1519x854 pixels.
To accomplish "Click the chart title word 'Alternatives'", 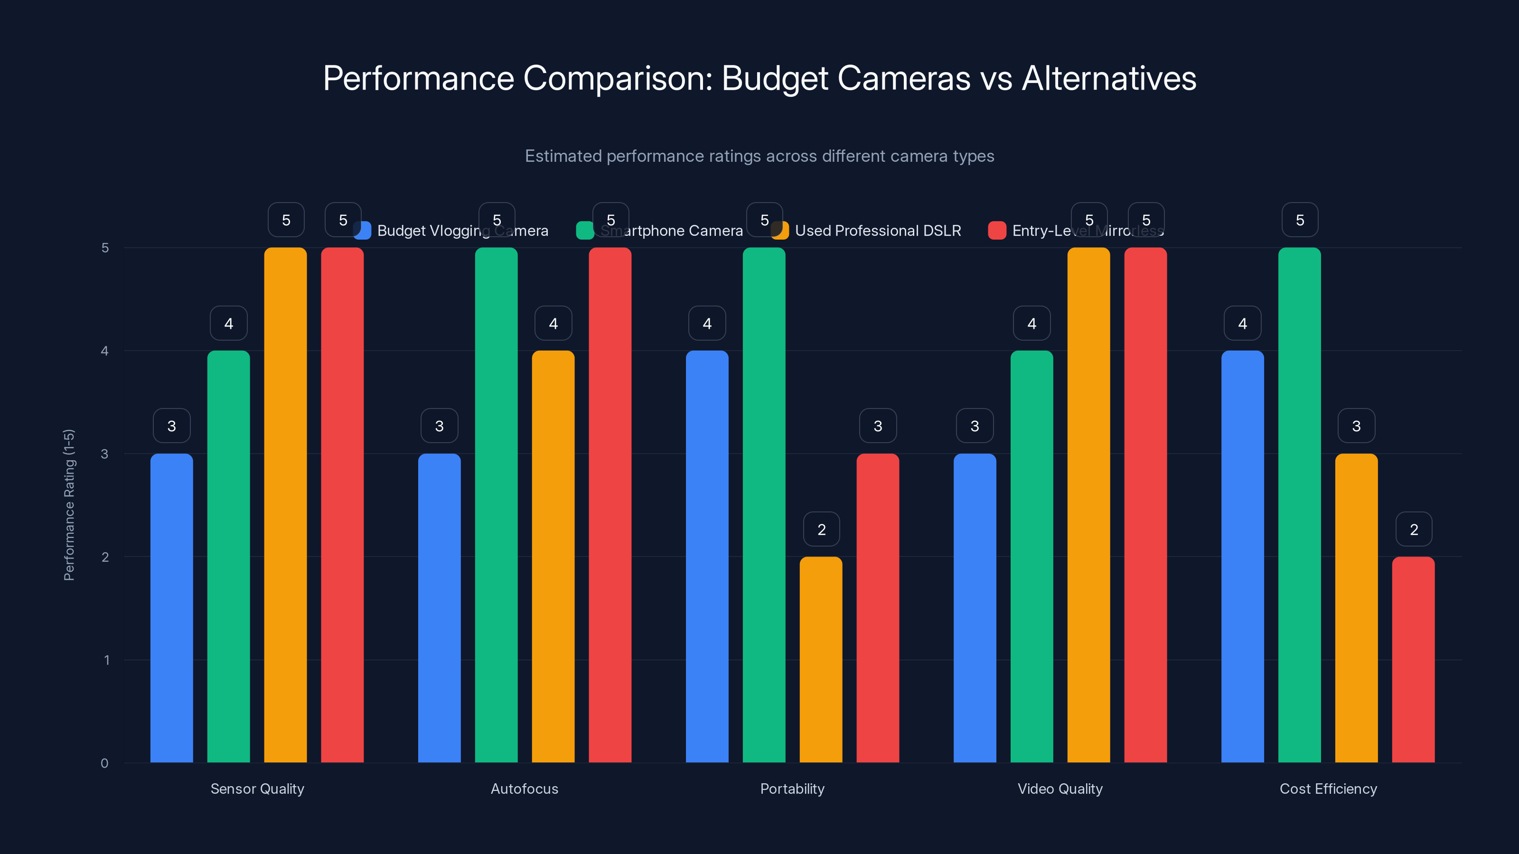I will [x=1108, y=78].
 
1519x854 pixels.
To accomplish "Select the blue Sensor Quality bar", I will [x=171, y=607].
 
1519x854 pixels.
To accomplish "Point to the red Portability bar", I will [x=877, y=607].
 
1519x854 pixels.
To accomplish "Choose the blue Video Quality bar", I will [x=975, y=607].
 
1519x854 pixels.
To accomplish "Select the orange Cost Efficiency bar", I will [x=1356, y=607].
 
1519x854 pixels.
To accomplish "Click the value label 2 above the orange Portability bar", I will [x=821, y=529].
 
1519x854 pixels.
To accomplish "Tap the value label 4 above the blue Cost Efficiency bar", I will [x=1242, y=323].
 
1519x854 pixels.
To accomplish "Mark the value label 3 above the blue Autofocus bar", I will [x=439, y=426].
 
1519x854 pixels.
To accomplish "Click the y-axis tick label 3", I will [x=104, y=454].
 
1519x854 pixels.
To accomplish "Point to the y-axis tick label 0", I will [x=104, y=763].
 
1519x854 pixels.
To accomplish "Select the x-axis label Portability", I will [x=792, y=789].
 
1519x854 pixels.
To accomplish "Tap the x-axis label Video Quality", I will [x=1060, y=789].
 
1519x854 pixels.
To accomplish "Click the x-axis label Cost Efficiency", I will [x=1328, y=789].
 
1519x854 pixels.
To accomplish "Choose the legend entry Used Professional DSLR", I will [x=877, y=231].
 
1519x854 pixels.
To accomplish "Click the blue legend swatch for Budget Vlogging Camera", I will [x=362, y=231].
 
